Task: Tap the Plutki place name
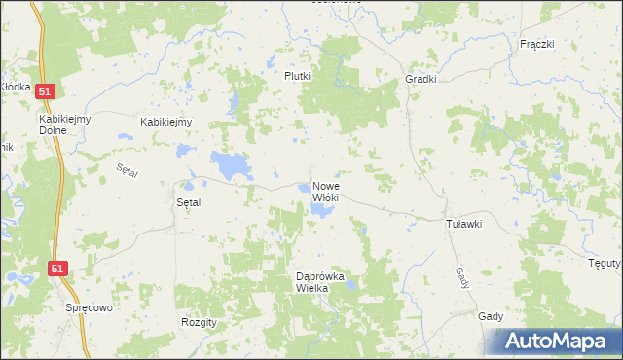(297, 76)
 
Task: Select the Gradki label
(421, 80)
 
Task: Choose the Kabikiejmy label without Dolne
(166, 122)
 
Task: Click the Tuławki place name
(463, 224)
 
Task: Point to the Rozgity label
(199, 321)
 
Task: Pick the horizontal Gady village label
(491, 316)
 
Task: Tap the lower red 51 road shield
(58, 267)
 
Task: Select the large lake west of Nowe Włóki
(231, 165)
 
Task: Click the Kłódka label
(16, 87)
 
